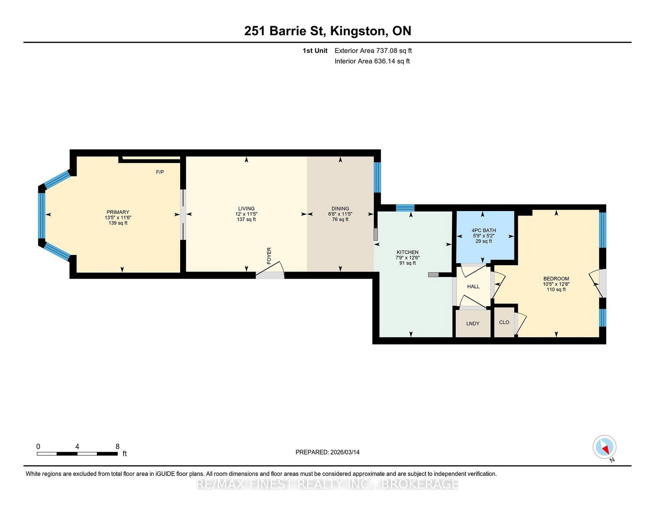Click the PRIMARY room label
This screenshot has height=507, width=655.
tap(118, 212)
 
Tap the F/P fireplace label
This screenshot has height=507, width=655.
tap(160, 172)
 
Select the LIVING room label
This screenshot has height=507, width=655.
tap(246, 209)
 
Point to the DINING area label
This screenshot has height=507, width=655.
tap(340, 209)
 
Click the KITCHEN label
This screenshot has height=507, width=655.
tap(407, 252)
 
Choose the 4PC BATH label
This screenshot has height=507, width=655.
tap(483, 230)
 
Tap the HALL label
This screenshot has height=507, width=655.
tap(473, 286)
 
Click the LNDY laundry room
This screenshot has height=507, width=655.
tap(473, 323)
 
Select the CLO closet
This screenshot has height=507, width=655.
tap(504, 322)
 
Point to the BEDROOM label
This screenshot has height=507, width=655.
tap(556, 279)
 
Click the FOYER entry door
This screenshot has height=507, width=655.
tap(270, 271)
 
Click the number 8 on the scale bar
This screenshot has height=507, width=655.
tap(117, 446)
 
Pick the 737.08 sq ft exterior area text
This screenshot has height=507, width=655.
tap(394, 51)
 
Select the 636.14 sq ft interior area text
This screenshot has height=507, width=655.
tap(392, 61)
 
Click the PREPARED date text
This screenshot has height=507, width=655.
tap(327, 452)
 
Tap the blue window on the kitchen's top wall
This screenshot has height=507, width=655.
tap(405, 208)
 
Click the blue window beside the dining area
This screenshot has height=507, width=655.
tap(377, 177)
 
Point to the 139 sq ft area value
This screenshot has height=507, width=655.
tap(118, 223)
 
